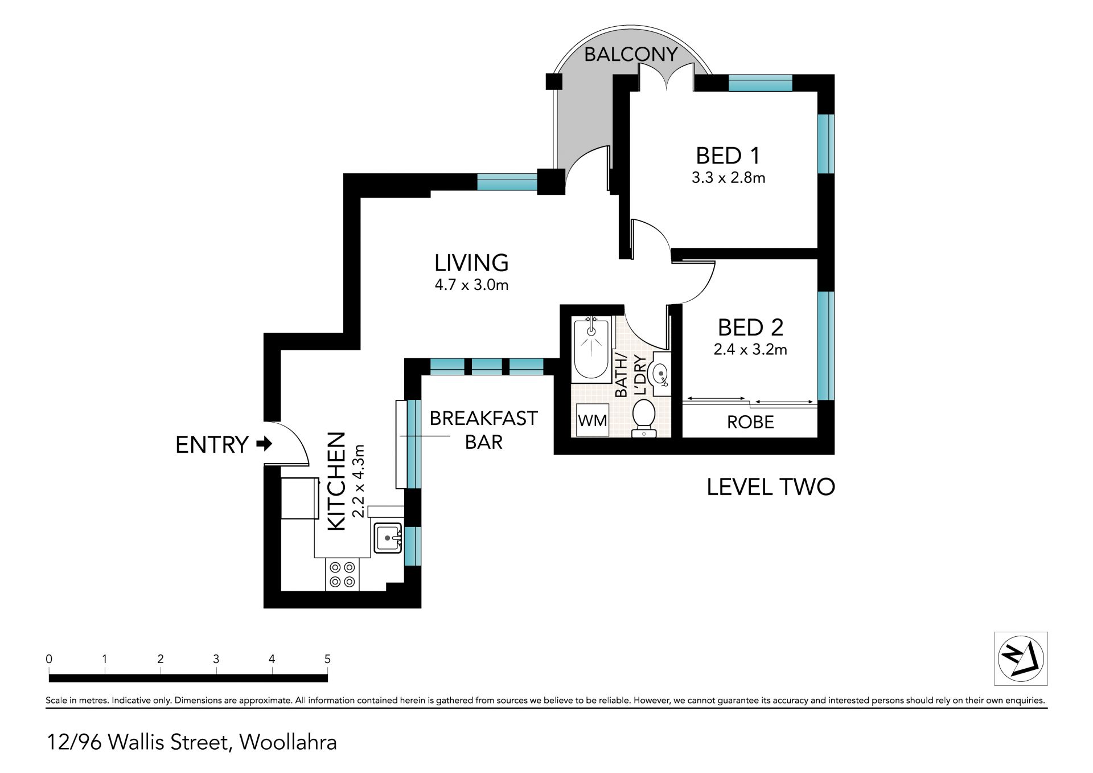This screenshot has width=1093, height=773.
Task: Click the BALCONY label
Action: pos(631,54)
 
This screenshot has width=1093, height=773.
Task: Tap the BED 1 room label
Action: pos(728,156)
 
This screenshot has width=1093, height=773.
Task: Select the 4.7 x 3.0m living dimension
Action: pos(471,284)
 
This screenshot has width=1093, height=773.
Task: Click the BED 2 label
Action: pos(750,328)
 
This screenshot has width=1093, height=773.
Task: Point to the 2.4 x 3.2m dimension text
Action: pos(750,349)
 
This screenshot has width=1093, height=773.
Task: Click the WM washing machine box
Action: pos(593,420)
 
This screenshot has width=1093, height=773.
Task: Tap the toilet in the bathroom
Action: pos(644,419)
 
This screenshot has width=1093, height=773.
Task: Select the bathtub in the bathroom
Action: pos(591,348)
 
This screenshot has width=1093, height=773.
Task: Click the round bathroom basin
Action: pos(659,374)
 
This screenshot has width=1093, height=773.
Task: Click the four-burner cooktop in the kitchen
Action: pos(342,575)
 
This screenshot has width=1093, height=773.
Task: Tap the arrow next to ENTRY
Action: pos(264,444)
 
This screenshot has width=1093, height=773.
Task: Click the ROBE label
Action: pos(750,422)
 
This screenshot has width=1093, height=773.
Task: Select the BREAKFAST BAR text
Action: pos(483,430)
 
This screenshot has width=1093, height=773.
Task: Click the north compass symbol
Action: pos(1021,659)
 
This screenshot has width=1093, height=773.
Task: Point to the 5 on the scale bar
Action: pos(327,659)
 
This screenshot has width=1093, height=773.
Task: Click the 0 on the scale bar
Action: pos(50,659)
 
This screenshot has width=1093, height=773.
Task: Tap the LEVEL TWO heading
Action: pos(771,487)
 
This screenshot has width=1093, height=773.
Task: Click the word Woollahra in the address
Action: pos(288,742)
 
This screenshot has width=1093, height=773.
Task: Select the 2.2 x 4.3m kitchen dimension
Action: pos(358,481)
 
